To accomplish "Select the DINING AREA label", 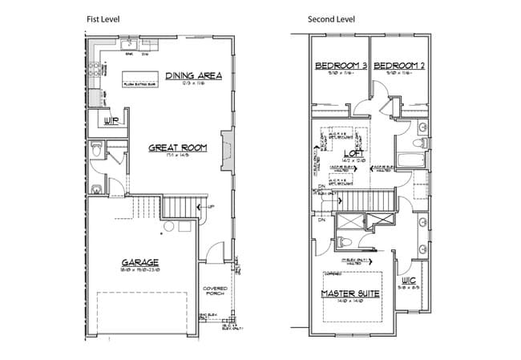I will [x=193, y=76].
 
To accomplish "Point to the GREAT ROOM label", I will [x=178, y=148].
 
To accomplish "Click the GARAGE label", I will [x=140, y=262].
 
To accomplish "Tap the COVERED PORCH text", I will [x=216, y=290].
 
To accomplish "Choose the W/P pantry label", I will [x=111, y=122].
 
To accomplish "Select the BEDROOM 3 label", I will [x=340, y=65].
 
